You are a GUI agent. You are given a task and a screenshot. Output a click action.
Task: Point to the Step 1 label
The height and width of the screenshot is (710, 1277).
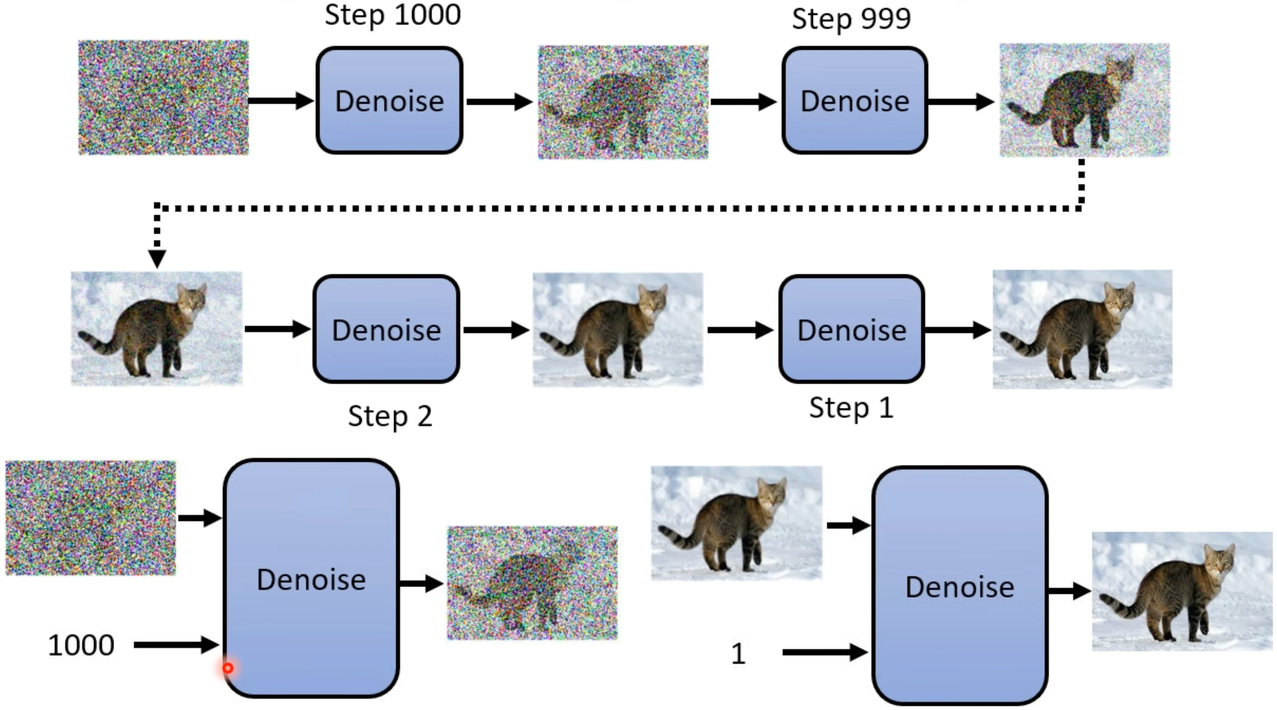point(851,408)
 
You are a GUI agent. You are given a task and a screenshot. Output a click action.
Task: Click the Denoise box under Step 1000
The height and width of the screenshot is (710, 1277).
point(390,101)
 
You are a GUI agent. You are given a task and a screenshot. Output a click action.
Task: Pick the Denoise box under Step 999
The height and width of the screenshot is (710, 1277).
point(855,101)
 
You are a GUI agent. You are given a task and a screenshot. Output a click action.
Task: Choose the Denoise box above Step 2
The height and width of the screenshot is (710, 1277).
point(386,329)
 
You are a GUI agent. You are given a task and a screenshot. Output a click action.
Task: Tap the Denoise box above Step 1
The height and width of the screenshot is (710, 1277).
point(852,329)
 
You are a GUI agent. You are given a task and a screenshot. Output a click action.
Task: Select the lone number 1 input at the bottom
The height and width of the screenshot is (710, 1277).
point(738,653)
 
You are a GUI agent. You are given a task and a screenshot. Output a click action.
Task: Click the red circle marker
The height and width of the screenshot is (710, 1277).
point(228,668)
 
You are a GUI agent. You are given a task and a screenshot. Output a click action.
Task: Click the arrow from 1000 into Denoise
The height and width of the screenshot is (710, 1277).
point(176,645)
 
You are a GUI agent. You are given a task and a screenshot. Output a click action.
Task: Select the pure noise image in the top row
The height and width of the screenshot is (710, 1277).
point(164,98)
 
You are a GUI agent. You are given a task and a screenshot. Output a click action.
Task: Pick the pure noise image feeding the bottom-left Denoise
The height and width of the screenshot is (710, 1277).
point(91,518)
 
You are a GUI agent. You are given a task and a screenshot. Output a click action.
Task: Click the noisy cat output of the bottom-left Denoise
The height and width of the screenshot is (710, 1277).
point(532,583)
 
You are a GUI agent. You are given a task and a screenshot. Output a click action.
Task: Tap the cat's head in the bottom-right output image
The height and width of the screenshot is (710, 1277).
point(1219,561)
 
